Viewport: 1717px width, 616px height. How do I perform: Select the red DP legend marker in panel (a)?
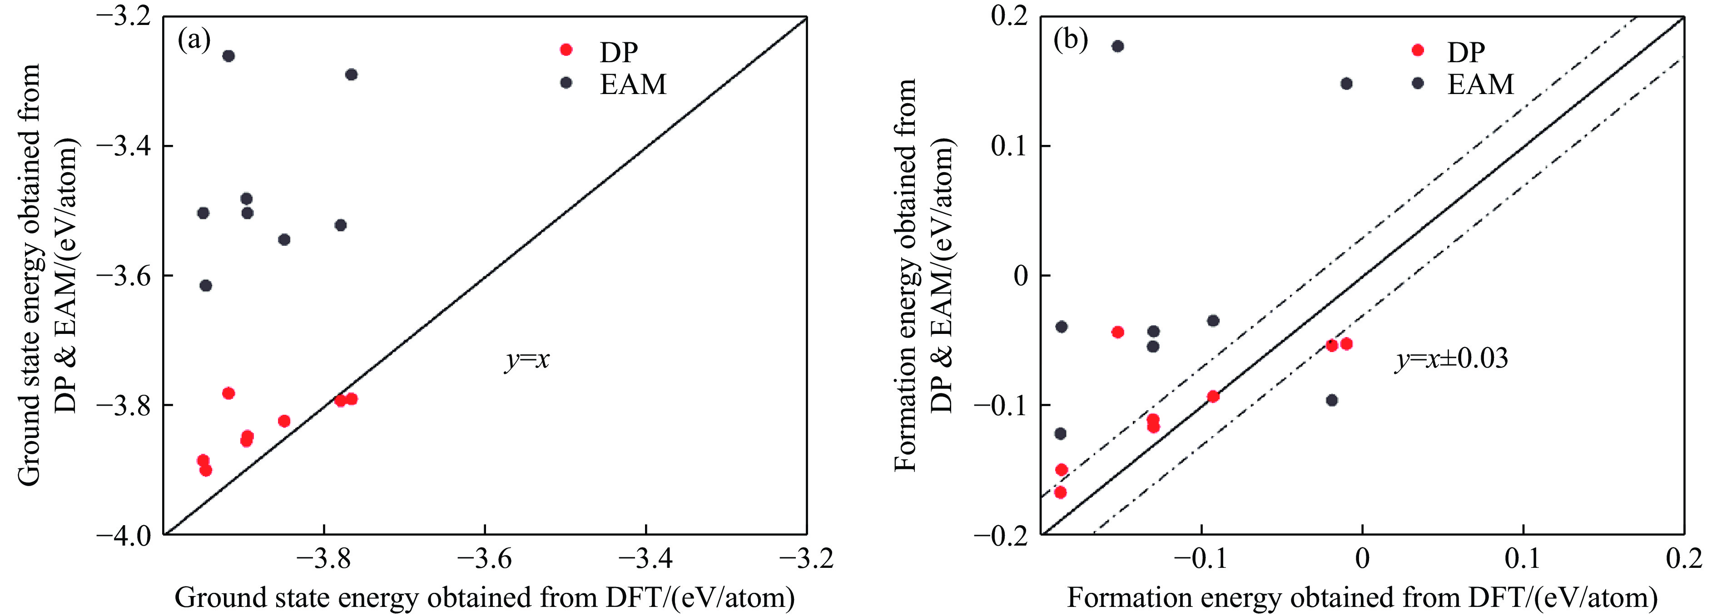(566, 50)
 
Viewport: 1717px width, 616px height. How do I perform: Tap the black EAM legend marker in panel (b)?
(1418, 83)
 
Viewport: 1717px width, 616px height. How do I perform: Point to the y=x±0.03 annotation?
(1451, 359)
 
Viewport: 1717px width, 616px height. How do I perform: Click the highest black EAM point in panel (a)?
(228, 56)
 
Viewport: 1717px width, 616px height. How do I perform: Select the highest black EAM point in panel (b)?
(1118, 46)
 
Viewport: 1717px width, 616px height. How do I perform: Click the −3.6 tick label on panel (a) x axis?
(485, 559)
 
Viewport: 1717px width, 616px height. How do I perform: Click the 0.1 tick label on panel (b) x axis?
(1523, 559)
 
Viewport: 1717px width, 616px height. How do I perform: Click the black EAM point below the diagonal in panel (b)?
(1332, 401)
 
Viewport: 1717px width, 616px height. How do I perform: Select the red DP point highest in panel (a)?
(228, 393)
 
